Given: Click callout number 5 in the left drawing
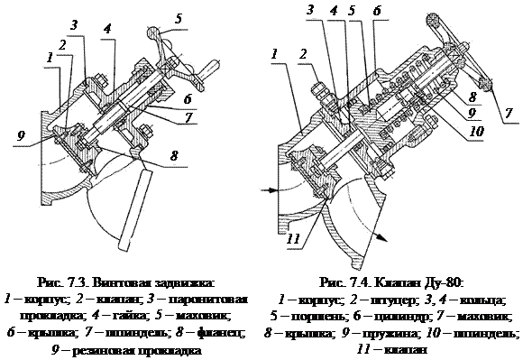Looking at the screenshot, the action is (179, 18).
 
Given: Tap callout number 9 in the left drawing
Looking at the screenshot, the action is (21, 136).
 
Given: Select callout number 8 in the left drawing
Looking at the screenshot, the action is (174, 156).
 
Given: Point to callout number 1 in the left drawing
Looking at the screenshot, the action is (50, 58).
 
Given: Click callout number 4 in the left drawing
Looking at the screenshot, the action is (107, 29).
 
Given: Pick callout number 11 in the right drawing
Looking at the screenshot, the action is (294, 238).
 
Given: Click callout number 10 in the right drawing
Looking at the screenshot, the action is (477, 131).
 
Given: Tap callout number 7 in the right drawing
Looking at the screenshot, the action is (509, 114).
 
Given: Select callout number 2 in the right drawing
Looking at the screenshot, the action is (303, 54).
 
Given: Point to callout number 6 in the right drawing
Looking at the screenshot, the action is (377, 11).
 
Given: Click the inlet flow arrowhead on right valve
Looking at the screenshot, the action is (274, 190).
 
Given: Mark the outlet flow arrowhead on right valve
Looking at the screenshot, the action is (382, 238).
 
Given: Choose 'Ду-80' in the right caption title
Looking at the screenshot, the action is (445, 283).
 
